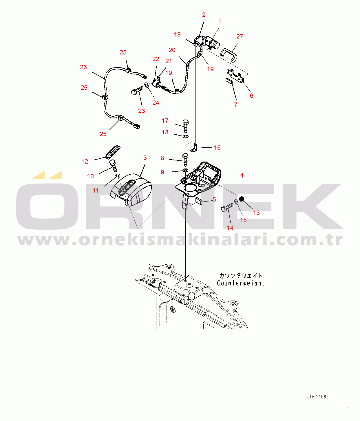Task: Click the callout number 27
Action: pyautogui.click(x=240, y=36)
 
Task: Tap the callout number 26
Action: pyautogui.click(x=83, y=67)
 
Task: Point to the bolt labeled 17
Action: pyautogui.click(x=186, y=126)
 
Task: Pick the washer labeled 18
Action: pyautogui.click(x=186, y=136)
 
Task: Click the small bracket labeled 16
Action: pyautogui.click(x=194, y=147)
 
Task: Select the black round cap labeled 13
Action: pyautogui.click(x=242, y=198)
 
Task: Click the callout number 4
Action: pyautogui.click(x=242, y=175)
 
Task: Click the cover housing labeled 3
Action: pyautogui.click(x=131, y=189)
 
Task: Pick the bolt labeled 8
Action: pyautogui.click(x=185, y=160)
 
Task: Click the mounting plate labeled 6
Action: pyautogui.click(x=235, y=76)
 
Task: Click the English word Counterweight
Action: pyautogui.click(x=241, y=283)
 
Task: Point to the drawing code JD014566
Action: pyautogui.click(x=318, y=397)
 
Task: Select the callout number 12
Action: pyautogui.click(x=85, y=162)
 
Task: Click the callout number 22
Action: pyautogui.click(x=156, y=59)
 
